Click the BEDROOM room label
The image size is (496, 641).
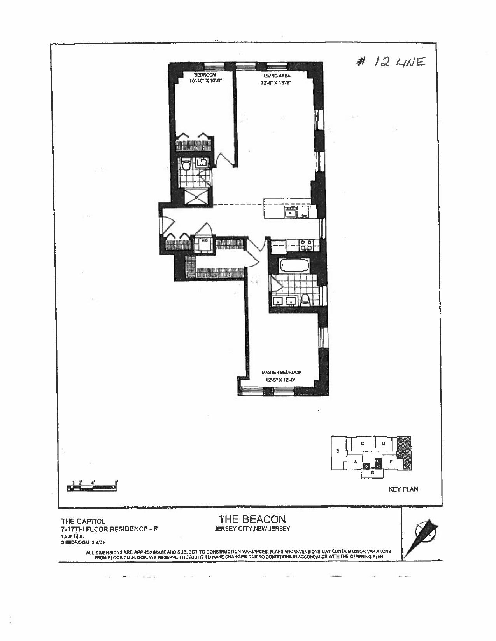point(205,75)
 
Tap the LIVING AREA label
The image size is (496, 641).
point(277,76)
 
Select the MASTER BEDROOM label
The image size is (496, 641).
point(281,372)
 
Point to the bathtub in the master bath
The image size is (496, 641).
point(294,266)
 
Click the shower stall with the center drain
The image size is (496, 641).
point(197,197)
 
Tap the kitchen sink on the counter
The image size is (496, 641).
point(290,213)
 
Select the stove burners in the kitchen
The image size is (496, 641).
point(306,245)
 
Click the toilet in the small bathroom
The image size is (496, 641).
point(186,165)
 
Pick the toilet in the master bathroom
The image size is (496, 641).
point(305,299)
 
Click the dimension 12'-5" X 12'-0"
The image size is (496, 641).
point(281,380)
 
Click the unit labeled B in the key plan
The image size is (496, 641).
point(338,451)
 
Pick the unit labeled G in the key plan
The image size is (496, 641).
point(372,472)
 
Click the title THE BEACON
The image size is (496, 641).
point(252,519)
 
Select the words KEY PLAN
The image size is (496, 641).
point(403,489)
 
